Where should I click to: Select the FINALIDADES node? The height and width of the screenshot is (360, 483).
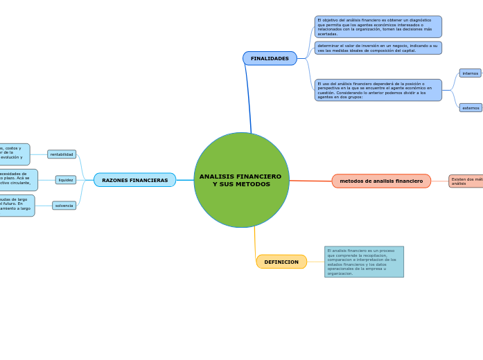tap(270, 59)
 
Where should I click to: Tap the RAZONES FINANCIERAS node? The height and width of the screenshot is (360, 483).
tap(134, 180)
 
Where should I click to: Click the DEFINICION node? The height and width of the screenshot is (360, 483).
tap(281, 262)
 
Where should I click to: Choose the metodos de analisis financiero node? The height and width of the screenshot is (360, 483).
tap(381, 181)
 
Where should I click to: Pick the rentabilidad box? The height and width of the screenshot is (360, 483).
tap(62, 154)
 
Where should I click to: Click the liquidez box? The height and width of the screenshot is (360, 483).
tap(66, 180)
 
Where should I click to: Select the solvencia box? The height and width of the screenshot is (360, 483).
tap(64, 206)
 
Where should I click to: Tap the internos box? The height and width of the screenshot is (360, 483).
tap(470, 73)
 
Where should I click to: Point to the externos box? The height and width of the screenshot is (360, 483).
tap(471, 108)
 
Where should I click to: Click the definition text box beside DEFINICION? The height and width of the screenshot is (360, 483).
tap(364, 262)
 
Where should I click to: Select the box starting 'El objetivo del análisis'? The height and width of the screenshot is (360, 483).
tap(378, 27)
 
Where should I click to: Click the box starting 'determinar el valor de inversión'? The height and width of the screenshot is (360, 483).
tap(378, 48)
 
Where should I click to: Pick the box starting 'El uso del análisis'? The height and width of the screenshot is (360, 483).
tap(378, 90)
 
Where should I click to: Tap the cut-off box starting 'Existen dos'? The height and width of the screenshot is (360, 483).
tap(466, 181)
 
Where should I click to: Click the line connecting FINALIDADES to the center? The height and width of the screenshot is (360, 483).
tap(248, 97)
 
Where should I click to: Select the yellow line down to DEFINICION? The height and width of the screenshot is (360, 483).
tap(255, 242)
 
